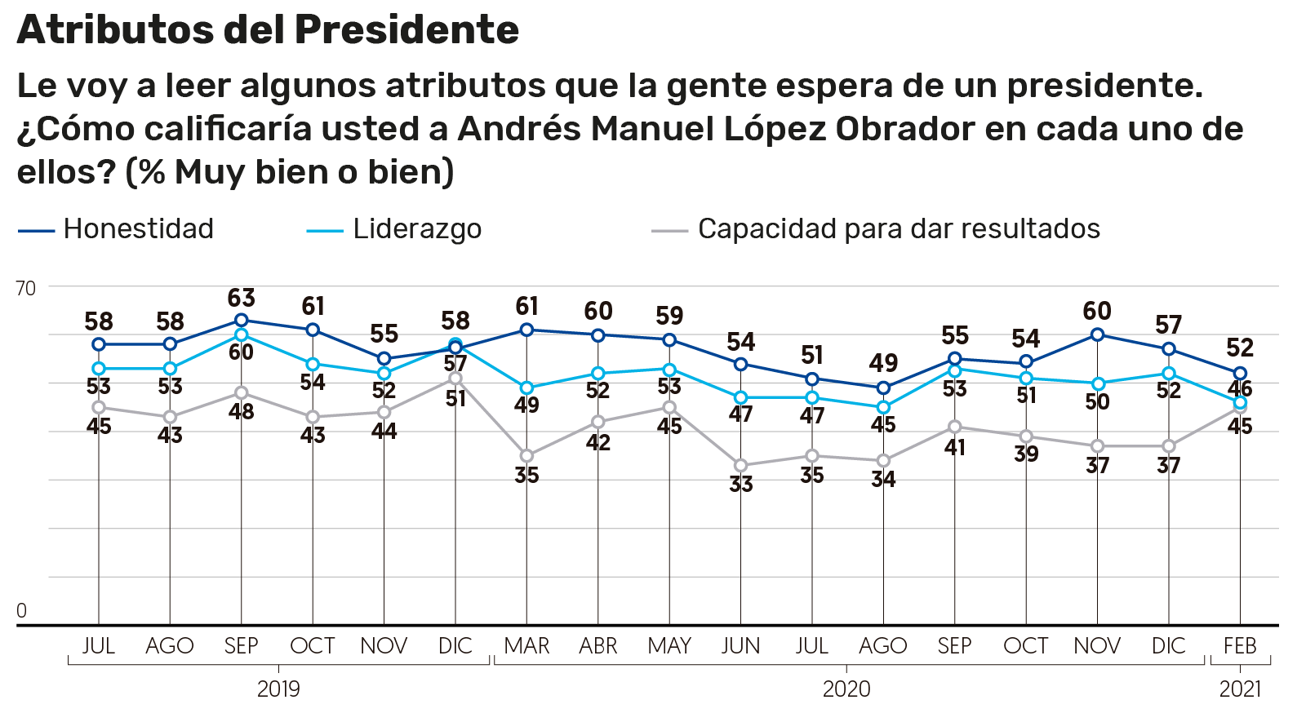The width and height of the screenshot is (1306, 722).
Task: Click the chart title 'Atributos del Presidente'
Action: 268,30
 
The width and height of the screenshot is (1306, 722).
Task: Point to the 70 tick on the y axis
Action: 26,288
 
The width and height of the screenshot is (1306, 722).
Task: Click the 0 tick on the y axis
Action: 22,610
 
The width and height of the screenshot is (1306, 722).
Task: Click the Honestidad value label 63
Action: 242,298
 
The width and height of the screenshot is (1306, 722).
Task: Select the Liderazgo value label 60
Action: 242,352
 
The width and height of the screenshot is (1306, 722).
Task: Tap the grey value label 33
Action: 740,484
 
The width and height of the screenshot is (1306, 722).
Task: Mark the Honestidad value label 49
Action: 883,363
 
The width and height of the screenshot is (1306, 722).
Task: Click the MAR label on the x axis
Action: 526,646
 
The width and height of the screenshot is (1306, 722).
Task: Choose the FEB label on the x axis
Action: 1240,646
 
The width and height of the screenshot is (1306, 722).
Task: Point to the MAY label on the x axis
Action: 669,646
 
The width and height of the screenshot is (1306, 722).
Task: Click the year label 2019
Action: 278,689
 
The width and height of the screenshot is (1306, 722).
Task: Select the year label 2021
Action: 1240,689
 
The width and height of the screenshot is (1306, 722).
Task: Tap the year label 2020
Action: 846,689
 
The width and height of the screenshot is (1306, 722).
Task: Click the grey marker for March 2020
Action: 526,456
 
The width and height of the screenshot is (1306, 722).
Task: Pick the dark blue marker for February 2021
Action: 1240,374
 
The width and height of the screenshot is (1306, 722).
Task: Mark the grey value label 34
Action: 883,479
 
